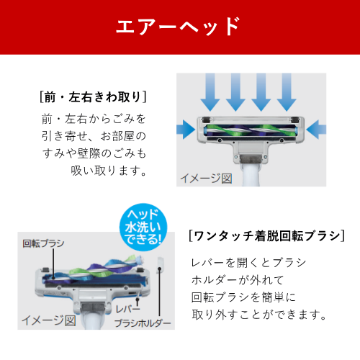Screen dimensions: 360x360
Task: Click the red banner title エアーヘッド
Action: click(x=178, y=27)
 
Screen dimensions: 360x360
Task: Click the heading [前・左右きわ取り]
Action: click(x=93, y=97)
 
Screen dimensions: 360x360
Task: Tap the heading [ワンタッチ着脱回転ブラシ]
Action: click(x=267, y=236)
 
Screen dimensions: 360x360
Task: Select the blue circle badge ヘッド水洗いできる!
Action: click(x=143, y=227)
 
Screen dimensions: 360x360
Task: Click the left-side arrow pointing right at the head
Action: click(x=186, y=130)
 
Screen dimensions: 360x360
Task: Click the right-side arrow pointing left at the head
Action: click(x=316, y=130)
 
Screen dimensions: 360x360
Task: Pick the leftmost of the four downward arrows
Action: click(x=210, y=92)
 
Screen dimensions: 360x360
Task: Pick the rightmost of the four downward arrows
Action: click(x=287, y=92)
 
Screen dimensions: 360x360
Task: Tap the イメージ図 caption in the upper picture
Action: click(x=206, y=179)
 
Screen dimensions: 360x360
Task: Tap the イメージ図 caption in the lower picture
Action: click(x=49, y=320)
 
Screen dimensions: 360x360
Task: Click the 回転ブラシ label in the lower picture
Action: click(x=43, y=243)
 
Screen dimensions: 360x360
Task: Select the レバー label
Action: click(x=127, y=309)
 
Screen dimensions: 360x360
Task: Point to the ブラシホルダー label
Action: click(x=143, y=323)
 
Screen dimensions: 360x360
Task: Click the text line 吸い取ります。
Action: click(x=109, y=171)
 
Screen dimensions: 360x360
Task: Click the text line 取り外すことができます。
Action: click(x=259, y=315)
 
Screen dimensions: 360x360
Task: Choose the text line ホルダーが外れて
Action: click(x=238, y=280)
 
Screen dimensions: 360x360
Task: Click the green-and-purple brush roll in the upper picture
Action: click(x=251, y=131)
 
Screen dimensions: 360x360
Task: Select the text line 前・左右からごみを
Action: click(x=94, y=119)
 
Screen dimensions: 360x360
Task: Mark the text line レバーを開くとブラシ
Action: click(x=248, y=263)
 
